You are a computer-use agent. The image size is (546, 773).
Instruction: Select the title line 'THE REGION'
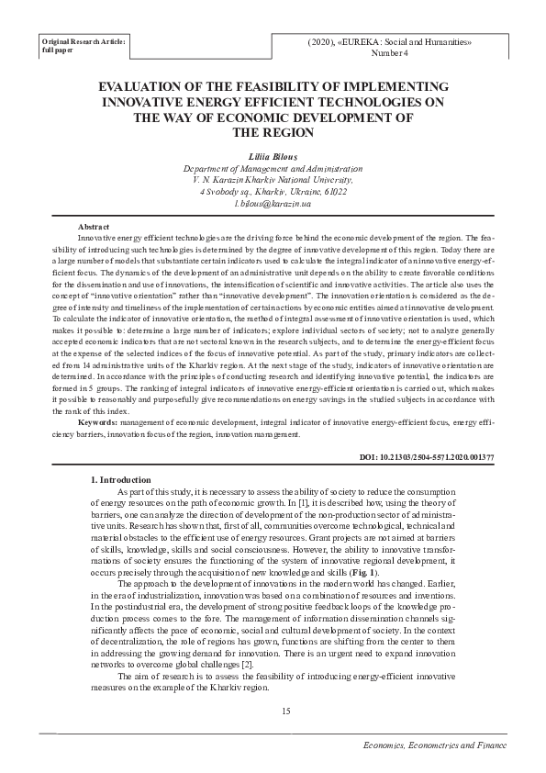[x=273, y=132]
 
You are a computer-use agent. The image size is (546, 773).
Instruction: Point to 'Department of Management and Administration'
[x=273, y=170]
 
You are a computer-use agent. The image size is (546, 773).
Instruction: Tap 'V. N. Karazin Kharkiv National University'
[x=273, y=181]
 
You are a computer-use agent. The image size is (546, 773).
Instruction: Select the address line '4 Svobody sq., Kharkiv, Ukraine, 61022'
[x=273, y=192]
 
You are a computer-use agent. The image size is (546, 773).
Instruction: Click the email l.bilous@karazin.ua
[x=273, y=203]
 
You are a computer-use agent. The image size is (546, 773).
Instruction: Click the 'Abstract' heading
[x=95, y=227]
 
